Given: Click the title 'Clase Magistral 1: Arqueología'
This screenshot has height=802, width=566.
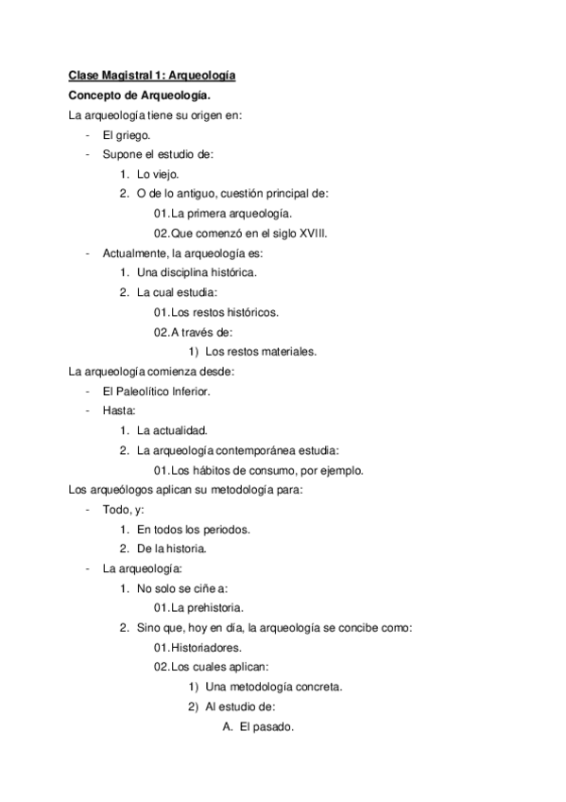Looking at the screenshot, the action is [152, 75].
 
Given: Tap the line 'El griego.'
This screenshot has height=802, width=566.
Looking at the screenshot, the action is [127, 135].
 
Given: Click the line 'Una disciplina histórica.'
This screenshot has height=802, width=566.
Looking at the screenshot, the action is [196, 272].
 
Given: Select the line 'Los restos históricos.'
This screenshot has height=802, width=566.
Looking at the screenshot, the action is [215, 312].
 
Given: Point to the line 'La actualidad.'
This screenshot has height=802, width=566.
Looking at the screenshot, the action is [172, 430].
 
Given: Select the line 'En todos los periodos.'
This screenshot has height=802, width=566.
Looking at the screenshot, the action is [194, 529].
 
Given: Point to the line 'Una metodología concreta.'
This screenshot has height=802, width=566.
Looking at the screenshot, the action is [266, 687].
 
